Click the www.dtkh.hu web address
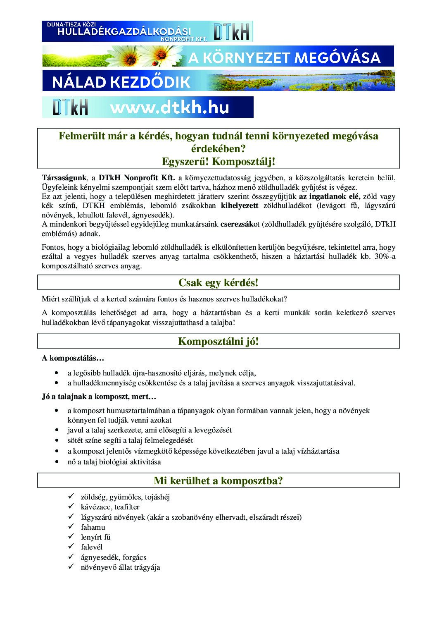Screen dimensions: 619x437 click(169, 108)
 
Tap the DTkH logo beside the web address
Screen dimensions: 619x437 click(70, 108)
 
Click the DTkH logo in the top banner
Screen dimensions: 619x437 click(232, 31)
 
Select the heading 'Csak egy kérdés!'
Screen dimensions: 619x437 click(218, 282)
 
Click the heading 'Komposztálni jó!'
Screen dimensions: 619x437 click(218, 341)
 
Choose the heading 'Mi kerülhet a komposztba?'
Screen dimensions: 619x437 click(218, 480)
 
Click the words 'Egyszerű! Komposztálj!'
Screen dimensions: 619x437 click(218, 161)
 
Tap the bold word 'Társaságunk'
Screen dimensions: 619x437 click(64, 178)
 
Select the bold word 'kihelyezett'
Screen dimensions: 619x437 click(240, 206)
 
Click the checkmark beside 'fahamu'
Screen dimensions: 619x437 click(71, 526)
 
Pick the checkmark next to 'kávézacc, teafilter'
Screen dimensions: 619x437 click(71, 506)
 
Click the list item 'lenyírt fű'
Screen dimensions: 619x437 click(95, 537)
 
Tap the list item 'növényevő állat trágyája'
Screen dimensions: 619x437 click(120, 567)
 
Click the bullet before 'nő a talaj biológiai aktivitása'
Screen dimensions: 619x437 click(57, 461)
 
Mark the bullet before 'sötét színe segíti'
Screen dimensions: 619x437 click(57, 440)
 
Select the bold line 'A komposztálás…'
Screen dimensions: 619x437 click(73, 358)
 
